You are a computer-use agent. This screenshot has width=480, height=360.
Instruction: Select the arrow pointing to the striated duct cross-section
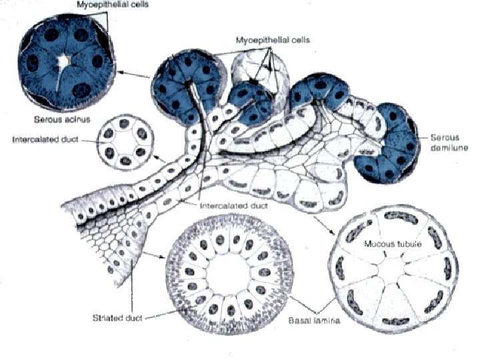(157, 254)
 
